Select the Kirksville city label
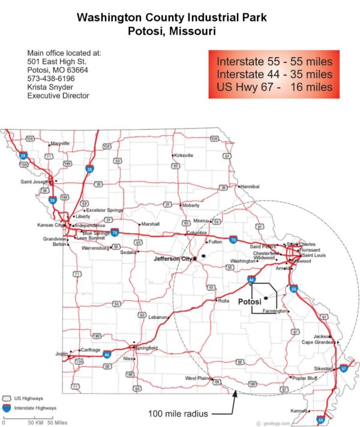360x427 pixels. (x=184, y=155)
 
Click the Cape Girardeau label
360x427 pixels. (x=318, y=342)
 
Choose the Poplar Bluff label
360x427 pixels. (x=305, y=378)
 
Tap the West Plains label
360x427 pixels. (x=199, y=378)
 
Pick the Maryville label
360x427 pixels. (x=60, y=144)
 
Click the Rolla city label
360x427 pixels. (x=224, y=300)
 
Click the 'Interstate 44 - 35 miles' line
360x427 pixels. (x=274, y=74)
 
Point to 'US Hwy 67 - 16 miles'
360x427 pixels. (x=274, y=87)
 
